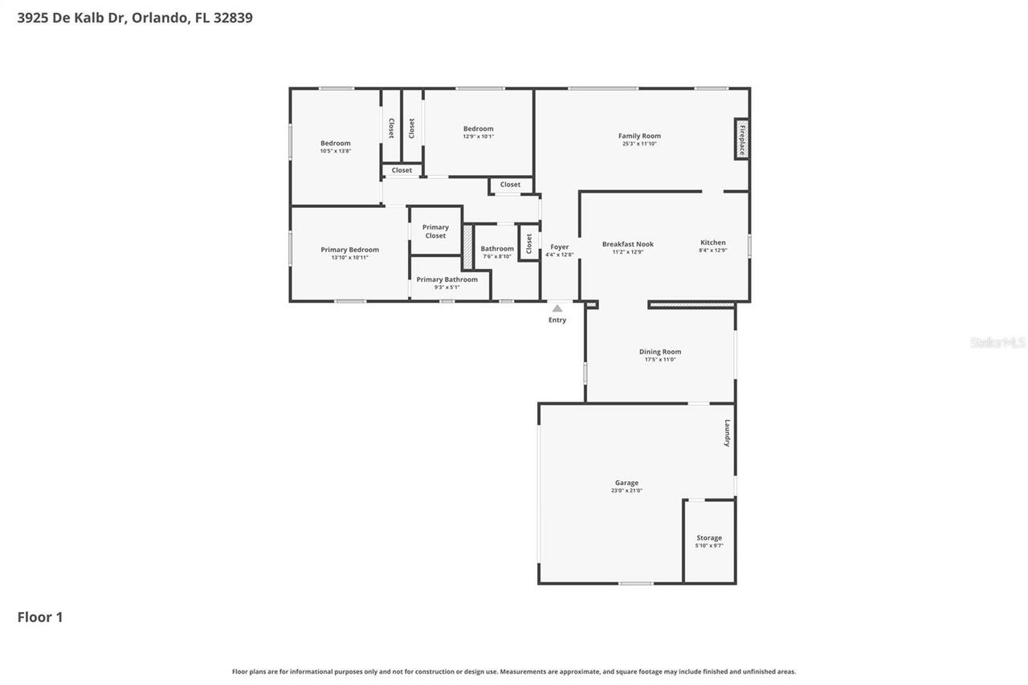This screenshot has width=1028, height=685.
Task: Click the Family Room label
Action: click(639, 136)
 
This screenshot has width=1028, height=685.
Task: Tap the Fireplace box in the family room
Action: click(742, 140)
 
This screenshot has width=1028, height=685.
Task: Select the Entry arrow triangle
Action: click(557, 308)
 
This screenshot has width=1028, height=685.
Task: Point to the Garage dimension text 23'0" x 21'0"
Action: click(626, 491)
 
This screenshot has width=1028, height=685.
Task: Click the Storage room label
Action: click(708, 538)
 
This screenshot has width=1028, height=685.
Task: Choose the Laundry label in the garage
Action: click(728, 433)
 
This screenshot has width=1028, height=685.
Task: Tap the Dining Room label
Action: click(660, 352)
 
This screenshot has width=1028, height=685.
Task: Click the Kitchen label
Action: click(712, 243)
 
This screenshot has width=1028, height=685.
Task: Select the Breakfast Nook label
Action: click(628, 244)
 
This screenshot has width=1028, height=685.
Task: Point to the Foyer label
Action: click(559, 247)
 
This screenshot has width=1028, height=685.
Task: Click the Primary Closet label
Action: click(435, 231)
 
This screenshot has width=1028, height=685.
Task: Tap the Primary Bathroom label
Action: click(447, 279)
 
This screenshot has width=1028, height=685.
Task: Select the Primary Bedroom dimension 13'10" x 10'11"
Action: click(349, 258)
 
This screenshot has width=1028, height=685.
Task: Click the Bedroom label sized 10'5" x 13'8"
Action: click(335, 143)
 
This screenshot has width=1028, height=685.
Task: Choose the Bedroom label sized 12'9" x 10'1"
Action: click(478, 128)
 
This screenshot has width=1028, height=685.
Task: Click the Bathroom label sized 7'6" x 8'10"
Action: click(497, 249)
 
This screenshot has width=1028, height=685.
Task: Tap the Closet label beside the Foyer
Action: click(529, 243)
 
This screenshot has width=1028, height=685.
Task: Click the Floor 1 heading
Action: click(40, 617)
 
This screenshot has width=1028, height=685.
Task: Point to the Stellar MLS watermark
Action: click(997, 342)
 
